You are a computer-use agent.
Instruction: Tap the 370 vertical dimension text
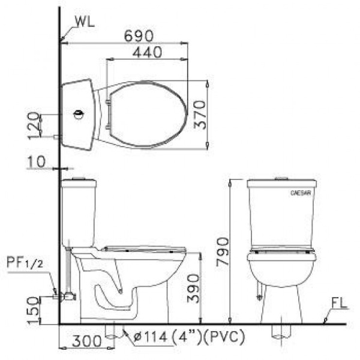[200, 115]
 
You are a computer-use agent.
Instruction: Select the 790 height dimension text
[223, 252]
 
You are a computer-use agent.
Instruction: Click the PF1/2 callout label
[25, 262]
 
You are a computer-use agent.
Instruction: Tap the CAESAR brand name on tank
[300, 194]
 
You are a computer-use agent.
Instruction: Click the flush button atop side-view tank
[77, 179]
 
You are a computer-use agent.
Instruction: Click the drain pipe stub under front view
[279, 330]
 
